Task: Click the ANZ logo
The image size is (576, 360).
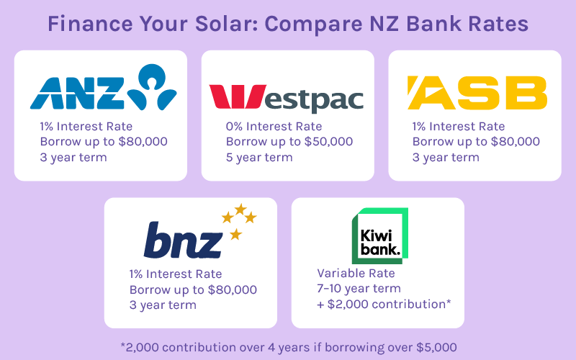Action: [103, 87]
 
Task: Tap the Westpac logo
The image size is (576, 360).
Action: [286, 98]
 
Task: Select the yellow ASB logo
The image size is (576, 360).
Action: [477, 93]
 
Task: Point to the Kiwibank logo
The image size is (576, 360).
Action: [380, 236]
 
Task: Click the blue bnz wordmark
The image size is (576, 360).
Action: [183, 240]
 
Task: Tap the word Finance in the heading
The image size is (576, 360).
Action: [90, 24]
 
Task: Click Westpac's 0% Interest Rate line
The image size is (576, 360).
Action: [274, 127]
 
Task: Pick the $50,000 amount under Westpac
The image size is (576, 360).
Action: [330, 142]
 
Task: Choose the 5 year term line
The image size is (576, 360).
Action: [259, 158]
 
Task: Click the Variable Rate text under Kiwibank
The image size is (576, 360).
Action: [356, 274]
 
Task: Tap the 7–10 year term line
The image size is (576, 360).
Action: [359, 289]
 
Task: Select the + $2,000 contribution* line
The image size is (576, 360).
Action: [384, 305]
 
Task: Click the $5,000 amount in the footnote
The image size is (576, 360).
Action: [436, 348]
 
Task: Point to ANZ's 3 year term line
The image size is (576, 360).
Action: [73, 158]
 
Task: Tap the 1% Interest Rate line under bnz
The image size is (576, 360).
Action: [176, 274]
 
